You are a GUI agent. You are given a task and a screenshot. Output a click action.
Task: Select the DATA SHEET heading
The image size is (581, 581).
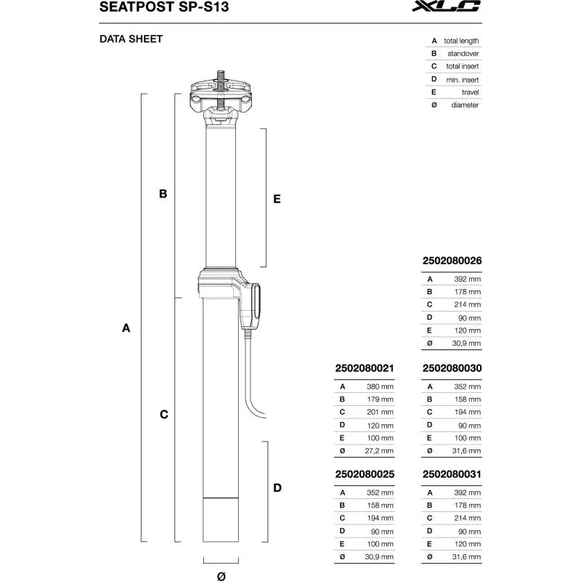(x=131, y=39)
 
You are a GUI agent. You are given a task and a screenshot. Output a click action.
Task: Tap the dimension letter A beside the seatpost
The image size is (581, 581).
(x=126, y=328)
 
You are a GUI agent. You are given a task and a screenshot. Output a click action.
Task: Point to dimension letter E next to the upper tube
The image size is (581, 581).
(x=277, y=198)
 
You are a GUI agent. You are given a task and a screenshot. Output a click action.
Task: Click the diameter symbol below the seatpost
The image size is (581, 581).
(x=222, y=575)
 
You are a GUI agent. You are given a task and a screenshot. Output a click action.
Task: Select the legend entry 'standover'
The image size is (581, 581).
(x=463, y=54)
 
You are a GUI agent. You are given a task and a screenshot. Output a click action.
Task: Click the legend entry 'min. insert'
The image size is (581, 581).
(x=462, y=79)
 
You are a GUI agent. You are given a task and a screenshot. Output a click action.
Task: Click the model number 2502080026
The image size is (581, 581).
(x=452, y=260)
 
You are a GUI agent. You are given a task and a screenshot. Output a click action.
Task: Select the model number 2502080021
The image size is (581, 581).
(x=365, y=368)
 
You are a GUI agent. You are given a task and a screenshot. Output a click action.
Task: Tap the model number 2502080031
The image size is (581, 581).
(x=452, y=474)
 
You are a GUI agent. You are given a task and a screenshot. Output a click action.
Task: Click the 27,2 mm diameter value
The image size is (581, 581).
(x=378, y=451)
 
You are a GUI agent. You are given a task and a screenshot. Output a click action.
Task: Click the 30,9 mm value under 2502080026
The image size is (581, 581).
(x=465, y=344)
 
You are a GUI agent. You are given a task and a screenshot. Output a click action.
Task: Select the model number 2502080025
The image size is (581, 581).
(x=365, y=474)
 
